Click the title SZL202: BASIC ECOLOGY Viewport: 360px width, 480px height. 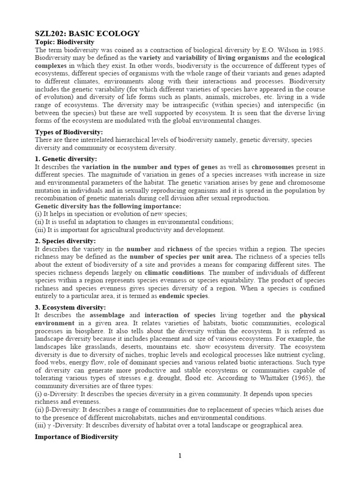pyautogui.click(x=87, y=33)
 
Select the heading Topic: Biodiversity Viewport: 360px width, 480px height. pyautogui.click(x=65, y=42)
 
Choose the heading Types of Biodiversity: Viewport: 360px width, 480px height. pyautogui.click(x=69, y=132)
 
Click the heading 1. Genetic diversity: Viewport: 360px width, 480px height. pyautogui.click(x=66, y=159)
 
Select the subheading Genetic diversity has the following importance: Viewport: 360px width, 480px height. pyautogui.click(x=108, y=206)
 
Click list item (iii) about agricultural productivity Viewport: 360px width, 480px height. pyautogui.click(x=130, y=230)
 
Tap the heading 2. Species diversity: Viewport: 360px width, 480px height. pyautogui.click(x=66, y=241)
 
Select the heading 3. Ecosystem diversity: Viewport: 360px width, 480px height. pyautogui.click(x=70, y=307)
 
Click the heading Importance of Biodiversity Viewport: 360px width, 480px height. pyautogui.click(x=76, y=437)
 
